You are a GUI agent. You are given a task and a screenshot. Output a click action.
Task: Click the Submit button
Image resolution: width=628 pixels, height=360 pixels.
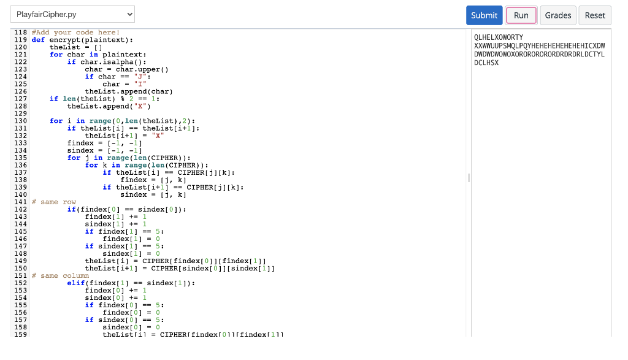(484, 15)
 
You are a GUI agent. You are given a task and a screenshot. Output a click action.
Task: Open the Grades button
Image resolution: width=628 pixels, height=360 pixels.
(558, 15)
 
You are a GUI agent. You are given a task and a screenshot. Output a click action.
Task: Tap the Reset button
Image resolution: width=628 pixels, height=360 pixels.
(595, 15)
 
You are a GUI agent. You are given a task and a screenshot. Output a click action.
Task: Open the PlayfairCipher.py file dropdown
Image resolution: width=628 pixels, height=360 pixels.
(72, 14)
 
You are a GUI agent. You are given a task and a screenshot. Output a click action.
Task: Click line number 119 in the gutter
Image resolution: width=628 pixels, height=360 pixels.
(20, 40)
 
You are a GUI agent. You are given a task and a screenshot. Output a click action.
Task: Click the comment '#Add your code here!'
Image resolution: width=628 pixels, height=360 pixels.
(75, 33)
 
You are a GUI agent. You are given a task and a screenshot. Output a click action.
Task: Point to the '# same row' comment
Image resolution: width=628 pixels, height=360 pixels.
(54, 202)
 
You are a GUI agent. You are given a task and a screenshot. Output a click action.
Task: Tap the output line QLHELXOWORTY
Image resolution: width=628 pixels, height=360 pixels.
(499, 37)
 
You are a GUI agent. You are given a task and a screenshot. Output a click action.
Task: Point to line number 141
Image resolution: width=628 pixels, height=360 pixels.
(20, 202)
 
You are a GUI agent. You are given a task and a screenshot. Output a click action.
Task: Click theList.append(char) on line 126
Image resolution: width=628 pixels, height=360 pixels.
(129, 91)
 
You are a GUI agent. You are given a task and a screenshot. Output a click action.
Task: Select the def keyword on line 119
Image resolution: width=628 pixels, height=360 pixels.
(38, 40)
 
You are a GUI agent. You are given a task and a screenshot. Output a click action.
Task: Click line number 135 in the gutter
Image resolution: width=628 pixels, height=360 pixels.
(20, 158)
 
